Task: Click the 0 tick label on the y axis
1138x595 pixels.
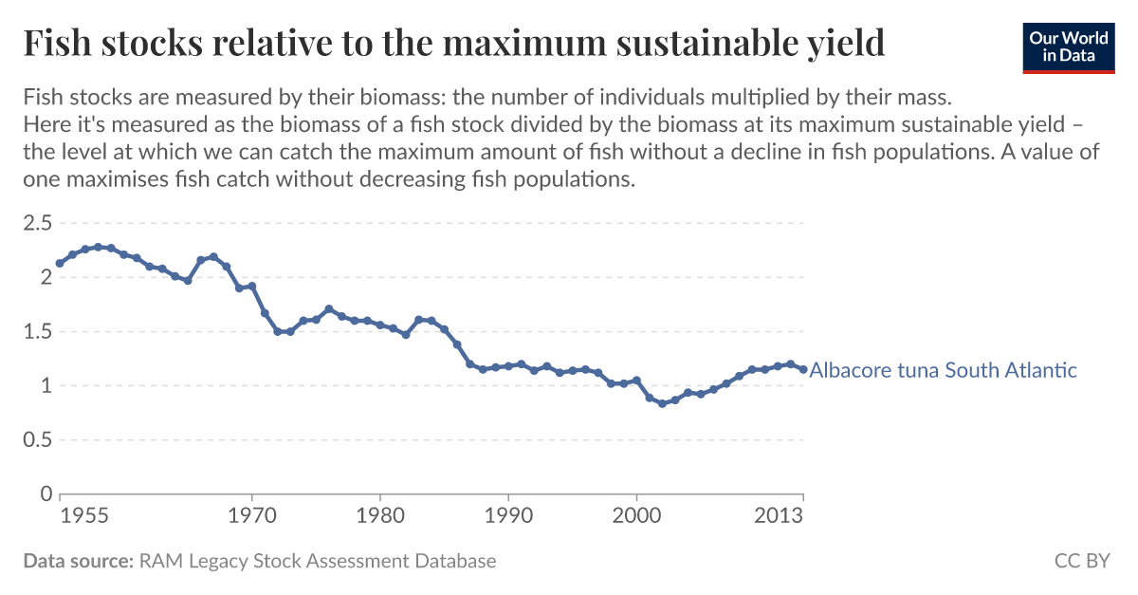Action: click(x=46, y=494)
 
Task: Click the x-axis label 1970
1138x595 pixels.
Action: click(x=252, y=517)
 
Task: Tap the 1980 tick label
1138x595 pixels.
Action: click(x=380, y=517)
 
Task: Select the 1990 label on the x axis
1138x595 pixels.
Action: click(x=508, y=517)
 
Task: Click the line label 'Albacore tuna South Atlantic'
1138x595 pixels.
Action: click(x=943, y=370)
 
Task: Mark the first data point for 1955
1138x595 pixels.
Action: click(x=60, y=263)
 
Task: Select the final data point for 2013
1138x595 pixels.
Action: click(x=803, y=369)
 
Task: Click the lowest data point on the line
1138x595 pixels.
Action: click(x=662, y=403)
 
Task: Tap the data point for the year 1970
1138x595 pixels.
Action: click(x=252, y=286)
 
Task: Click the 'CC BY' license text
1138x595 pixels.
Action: click(x=1082, y=561)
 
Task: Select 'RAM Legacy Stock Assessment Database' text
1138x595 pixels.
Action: click(x=318, y=561)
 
